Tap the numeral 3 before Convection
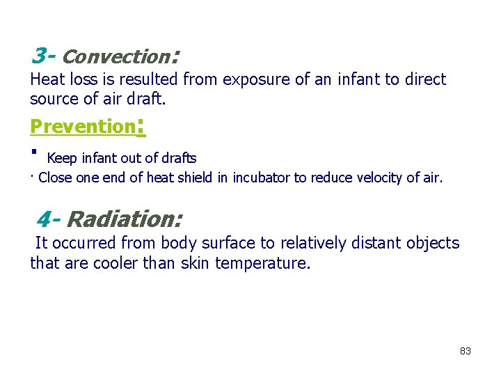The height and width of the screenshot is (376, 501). point(39,54)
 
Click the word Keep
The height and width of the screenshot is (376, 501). point(61,159)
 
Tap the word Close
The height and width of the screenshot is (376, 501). point(55,178)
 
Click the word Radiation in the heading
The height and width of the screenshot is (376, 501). point(125,219)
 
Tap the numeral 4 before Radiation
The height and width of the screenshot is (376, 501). point(43,219)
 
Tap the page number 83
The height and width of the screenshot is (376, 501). point(466,351)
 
